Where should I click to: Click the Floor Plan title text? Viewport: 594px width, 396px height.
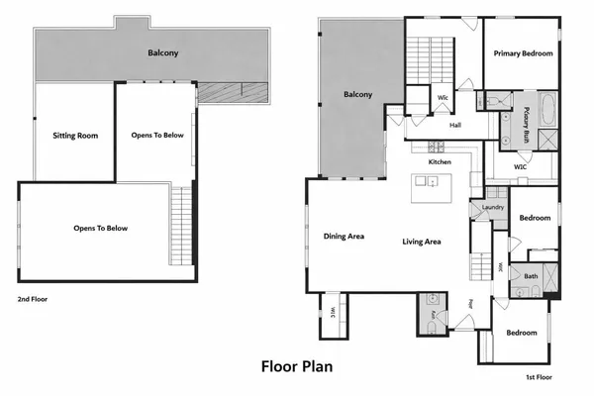(296, 366)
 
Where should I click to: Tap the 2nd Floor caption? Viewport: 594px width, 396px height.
(32, 297)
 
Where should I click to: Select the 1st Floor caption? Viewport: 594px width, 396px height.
(540, 377)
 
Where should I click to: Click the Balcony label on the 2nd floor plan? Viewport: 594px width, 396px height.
(163, 52)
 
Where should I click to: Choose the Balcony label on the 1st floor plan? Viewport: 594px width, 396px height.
(357, 95)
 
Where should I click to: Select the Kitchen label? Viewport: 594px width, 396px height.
(440, 161)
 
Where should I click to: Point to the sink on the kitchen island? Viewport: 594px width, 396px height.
(427, 181)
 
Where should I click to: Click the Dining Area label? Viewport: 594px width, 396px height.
(344, 236)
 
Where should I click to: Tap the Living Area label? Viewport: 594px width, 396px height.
(421, 242)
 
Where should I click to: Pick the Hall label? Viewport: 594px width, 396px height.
(455, 125)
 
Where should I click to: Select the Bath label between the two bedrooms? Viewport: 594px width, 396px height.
(531, 276)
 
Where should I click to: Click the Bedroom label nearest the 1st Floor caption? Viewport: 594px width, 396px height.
(522, 333)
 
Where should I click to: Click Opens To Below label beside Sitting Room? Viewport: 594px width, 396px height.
(157, 134)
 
